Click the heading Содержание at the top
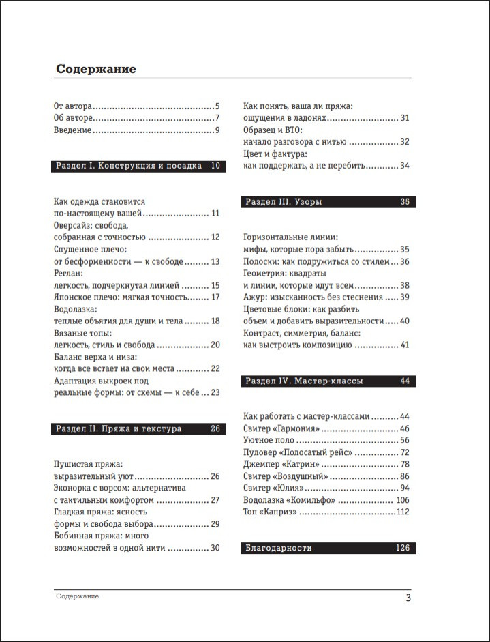click(96, 69)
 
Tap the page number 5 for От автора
click(217, 106)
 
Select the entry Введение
click(72, 130)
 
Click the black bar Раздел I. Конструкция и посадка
click(137, 166)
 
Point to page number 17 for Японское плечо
click(215, 297)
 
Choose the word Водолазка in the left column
click(75, 309)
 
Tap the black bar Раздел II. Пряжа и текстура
click(137, 429)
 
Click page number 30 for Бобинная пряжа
click(215, 548)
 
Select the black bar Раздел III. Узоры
click(329, 202)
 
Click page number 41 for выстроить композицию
click(404, 345)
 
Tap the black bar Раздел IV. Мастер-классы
click(329, 381)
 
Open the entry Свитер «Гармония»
click(281, 428)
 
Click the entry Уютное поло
click(271, 441)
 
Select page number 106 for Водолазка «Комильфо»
click(402, 500)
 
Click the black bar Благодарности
click(329, 548)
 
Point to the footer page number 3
click(408, 598)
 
